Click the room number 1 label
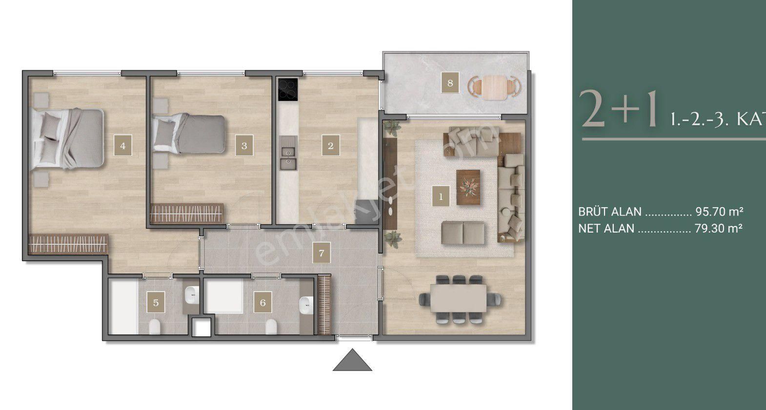pos(441,197)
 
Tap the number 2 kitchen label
pos(330,145)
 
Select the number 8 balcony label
pos(450,83)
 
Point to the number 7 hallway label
pos(321,254)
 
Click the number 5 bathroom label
pos(156,303)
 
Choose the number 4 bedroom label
pos(122,145)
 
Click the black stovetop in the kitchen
pos(287,89)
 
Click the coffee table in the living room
pos(468,187)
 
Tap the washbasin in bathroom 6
pos(306,305)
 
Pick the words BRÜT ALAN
pos(609,212)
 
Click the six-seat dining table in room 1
pos(459,297)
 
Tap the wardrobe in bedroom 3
pos(187,213)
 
